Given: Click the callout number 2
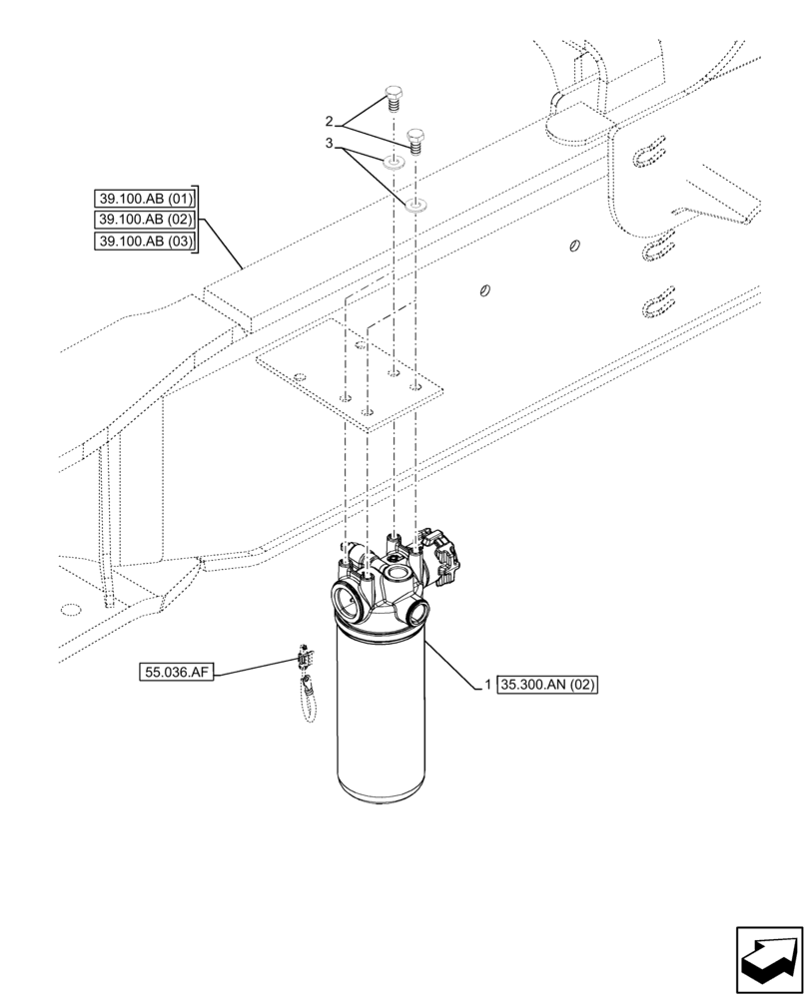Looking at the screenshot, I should [x=329, y=121].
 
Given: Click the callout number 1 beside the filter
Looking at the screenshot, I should [x=486, y=685].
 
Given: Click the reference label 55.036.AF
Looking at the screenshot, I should [x=177, y=674].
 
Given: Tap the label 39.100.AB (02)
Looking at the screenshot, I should [x=147, y=219].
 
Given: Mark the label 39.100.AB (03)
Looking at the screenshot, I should [x=147, y=241].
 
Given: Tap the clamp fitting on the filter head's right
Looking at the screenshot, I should [x=442, y=555].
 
